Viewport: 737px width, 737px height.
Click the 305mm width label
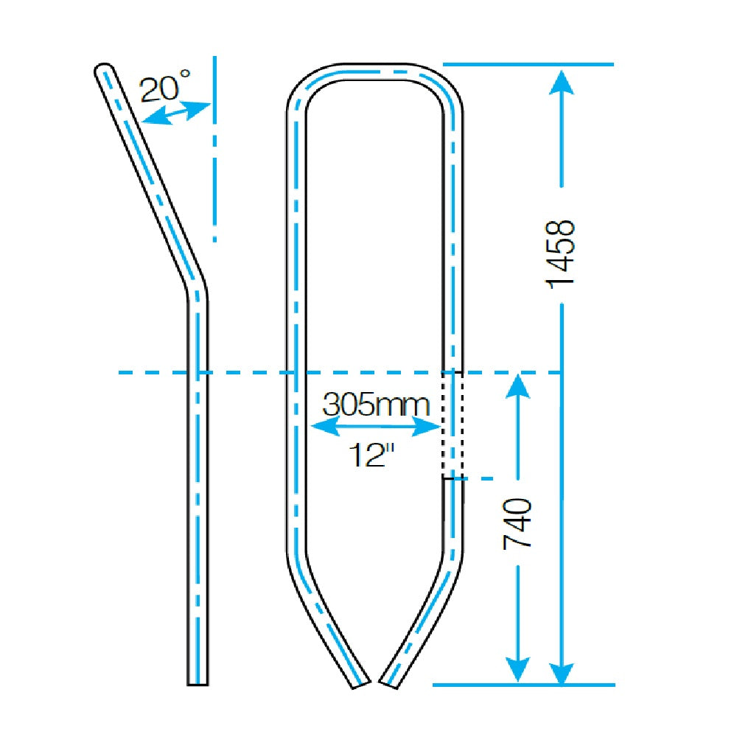(376, 404)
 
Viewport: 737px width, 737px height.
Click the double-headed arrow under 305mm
(374, 426)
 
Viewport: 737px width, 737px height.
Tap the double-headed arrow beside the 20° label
(176, 113)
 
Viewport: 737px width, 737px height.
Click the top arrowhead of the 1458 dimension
(562, 81)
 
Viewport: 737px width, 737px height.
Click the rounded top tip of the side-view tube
(104, 69)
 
